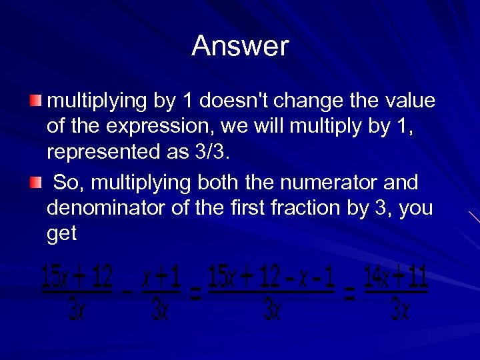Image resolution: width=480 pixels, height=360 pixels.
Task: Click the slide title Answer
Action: (x=240, y=46)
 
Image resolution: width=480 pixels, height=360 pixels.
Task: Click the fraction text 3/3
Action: (x=209, y=152)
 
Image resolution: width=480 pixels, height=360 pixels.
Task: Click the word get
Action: (x=62, y=233)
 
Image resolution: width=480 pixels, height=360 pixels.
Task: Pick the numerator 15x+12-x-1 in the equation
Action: (x=271, y=276)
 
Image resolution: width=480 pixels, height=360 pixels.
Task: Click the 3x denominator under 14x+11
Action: (x=399, y=309)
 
